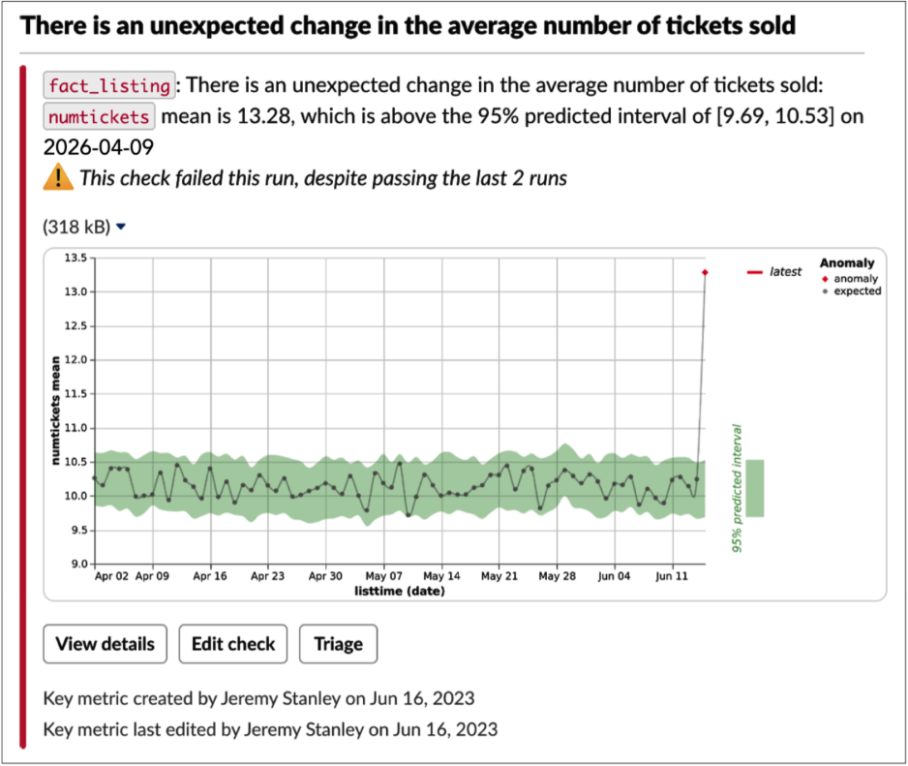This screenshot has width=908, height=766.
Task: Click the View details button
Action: click(105, 644)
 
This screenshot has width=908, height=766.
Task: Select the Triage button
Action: click(338, 644)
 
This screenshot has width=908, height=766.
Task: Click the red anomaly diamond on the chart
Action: click(705, 273)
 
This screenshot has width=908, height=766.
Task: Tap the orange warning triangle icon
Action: click(58, 177)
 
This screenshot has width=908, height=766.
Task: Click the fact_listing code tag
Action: click(110, 85)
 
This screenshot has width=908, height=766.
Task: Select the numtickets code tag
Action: click(99, 117)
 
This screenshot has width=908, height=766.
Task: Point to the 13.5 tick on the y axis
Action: click(76, 259)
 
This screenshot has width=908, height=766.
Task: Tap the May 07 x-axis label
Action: click(383, 575)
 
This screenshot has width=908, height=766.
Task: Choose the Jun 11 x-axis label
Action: click(672, 575)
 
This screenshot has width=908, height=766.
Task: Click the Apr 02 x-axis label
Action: click(111, 575)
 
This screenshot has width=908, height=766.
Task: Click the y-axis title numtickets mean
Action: click(56, 411)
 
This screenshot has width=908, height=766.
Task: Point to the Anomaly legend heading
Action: click(846, 262)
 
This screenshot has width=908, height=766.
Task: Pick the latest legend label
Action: click(785, 272)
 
